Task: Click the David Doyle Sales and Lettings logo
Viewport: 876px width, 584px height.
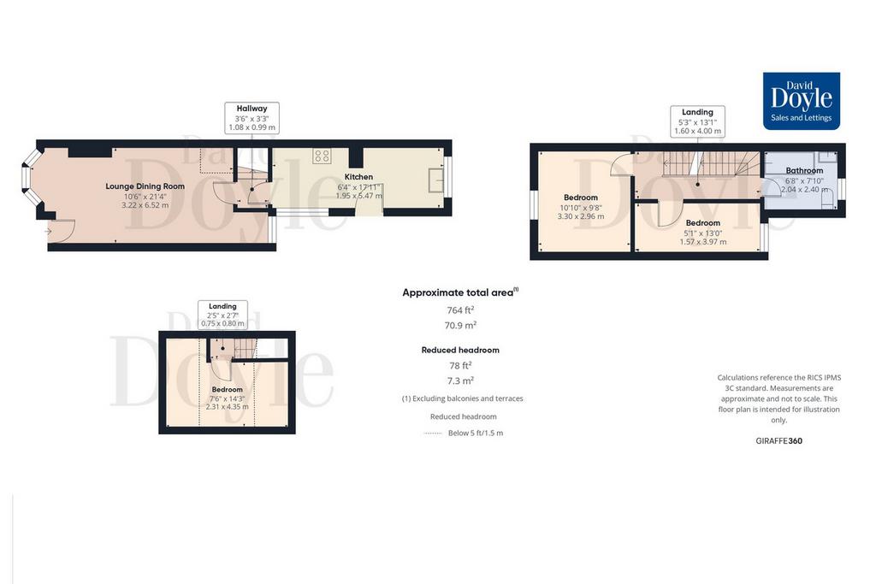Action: click(801, 101)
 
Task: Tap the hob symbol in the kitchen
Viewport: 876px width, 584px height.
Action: click(322, 156)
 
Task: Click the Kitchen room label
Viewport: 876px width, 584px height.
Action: click(358, 176)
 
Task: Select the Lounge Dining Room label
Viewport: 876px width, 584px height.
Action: click(145, 186)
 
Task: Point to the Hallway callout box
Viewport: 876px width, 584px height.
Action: click(252, 118)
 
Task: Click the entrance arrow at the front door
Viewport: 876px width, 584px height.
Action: click(48, 231)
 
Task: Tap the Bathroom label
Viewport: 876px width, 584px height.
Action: click(804, 170)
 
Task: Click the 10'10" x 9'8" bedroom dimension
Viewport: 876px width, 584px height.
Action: click(581, 208)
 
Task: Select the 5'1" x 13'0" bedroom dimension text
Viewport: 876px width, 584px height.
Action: click(703, 233)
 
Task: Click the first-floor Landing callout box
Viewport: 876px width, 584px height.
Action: click(698, 121)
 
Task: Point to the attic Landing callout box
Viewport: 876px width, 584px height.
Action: click(223, 315)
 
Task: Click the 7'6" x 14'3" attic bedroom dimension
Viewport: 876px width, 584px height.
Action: click(228, 398)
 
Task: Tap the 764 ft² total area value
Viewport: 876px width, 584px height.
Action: click(460, 310)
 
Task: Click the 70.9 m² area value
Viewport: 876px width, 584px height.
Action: click(460, 325)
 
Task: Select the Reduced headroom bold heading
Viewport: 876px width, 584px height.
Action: click(460, 350)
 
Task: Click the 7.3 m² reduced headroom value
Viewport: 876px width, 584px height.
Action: click(460, 380)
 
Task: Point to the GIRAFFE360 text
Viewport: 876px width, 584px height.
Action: click(778, 440)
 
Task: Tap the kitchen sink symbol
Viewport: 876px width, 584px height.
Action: click(435, 180)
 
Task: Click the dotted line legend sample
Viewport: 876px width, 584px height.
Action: click(433, 434)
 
